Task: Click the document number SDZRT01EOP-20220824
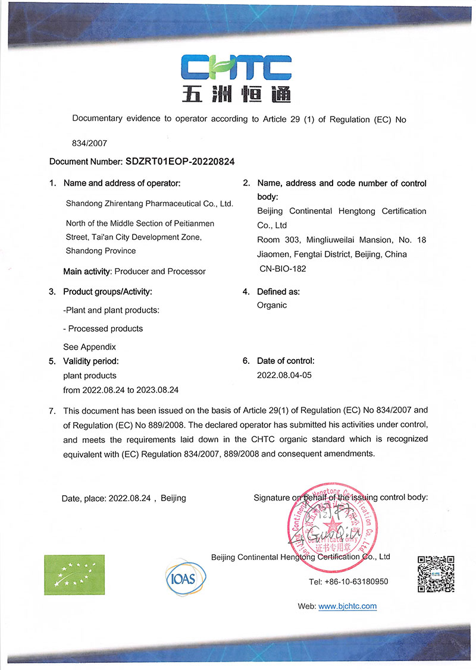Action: coord(184,161)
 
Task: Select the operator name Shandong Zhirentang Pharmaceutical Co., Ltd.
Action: coord(149,203)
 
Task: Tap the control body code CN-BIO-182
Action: coord(282,269)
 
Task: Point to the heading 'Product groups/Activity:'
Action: coord(108,291)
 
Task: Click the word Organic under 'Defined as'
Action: coord(272,305)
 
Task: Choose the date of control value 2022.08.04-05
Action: coord(284,375)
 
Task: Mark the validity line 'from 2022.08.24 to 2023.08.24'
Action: coord(121,390)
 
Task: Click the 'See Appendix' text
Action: coord(89,347)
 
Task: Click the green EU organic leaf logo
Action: coord(74,574)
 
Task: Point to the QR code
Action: coord(436,574)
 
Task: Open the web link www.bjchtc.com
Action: coord(347,606)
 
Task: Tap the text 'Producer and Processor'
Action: coord(159,271)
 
